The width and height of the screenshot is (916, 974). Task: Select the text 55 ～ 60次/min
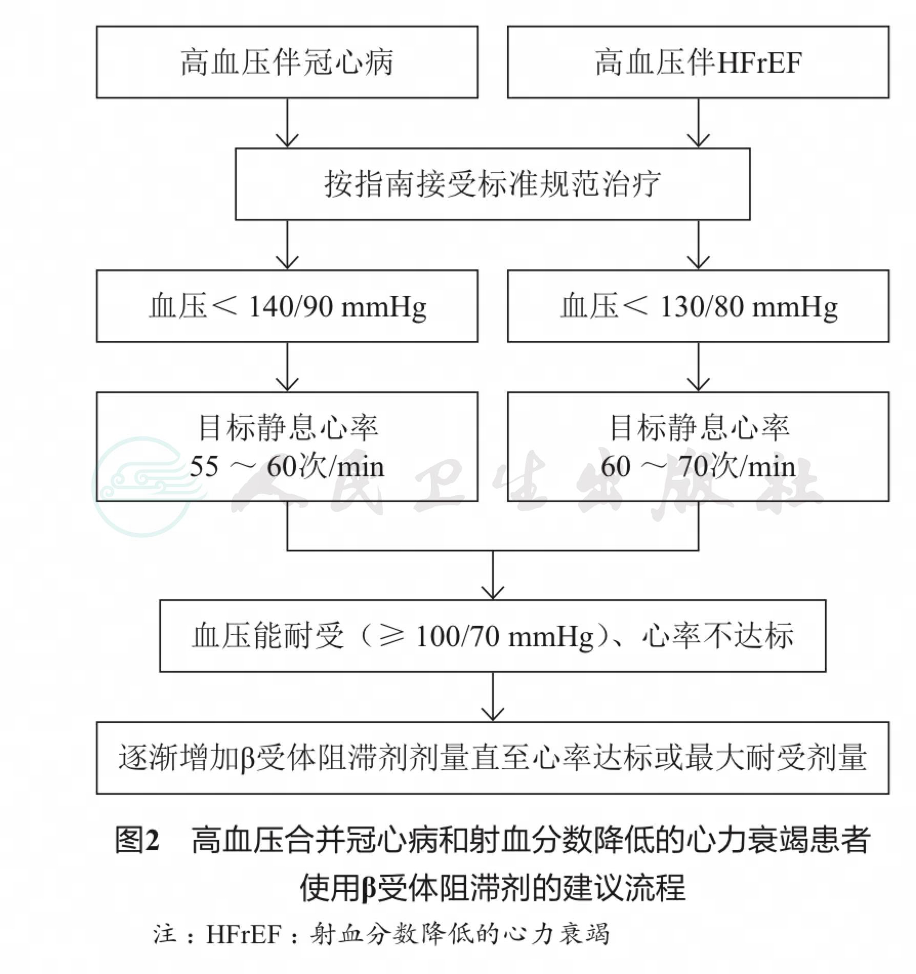click(x=287, y=467)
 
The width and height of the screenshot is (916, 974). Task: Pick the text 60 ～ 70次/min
click(x=698, y=467)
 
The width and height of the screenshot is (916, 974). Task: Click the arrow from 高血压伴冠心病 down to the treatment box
click(x=287, y=123)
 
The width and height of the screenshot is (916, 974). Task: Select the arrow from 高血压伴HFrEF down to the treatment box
click(x=698, y=123)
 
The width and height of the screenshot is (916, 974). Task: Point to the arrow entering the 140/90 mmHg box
click(x=287, y=245)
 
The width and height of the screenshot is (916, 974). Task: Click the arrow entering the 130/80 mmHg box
click(x=698, y=245)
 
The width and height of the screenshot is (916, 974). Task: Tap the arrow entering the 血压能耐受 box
click(x=493, y=575)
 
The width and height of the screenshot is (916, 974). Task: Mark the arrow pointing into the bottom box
click(x=493, y=697)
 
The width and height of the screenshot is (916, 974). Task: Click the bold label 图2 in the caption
click(x=137, y=840)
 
